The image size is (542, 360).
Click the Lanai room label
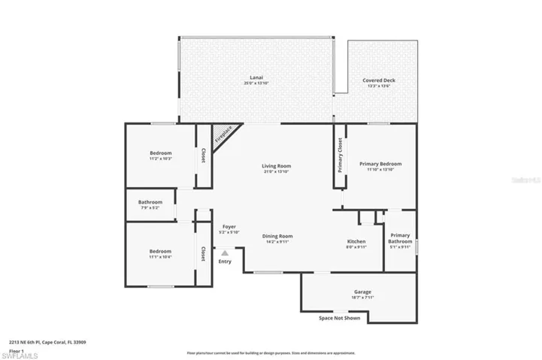tap(256, 77)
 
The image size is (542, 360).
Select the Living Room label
tap(276, 166)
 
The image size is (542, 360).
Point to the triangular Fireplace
tap(223, 135)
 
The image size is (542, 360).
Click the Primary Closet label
tap(340, 155)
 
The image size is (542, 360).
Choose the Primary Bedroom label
tap(380, 164)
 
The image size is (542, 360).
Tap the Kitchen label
tap(356, 241)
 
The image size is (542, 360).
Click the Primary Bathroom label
tap(400, 238)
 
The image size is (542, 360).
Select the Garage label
tap(362, 292)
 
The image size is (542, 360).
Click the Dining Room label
tap(277, 236)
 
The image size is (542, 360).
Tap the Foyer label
tap(229, 226)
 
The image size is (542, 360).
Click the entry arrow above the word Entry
tap(224, 253)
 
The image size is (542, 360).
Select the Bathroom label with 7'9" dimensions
tap(150, 201)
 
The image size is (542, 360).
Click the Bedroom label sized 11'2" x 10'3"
tap(160, 153)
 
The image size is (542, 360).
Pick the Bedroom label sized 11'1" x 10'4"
tap(159, 251)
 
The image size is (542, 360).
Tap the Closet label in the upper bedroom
tap(203, 155)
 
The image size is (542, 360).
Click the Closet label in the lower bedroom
tap(203, 255)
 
